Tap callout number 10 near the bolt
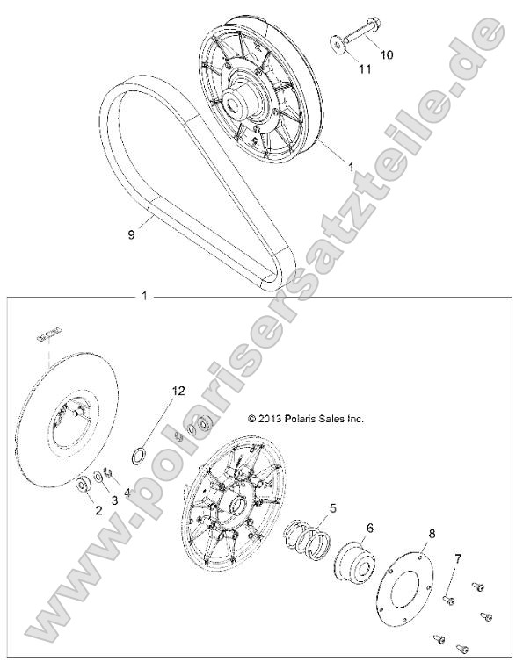point(386,54)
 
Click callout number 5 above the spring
point(331,507)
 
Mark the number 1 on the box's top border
point(144,297)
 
